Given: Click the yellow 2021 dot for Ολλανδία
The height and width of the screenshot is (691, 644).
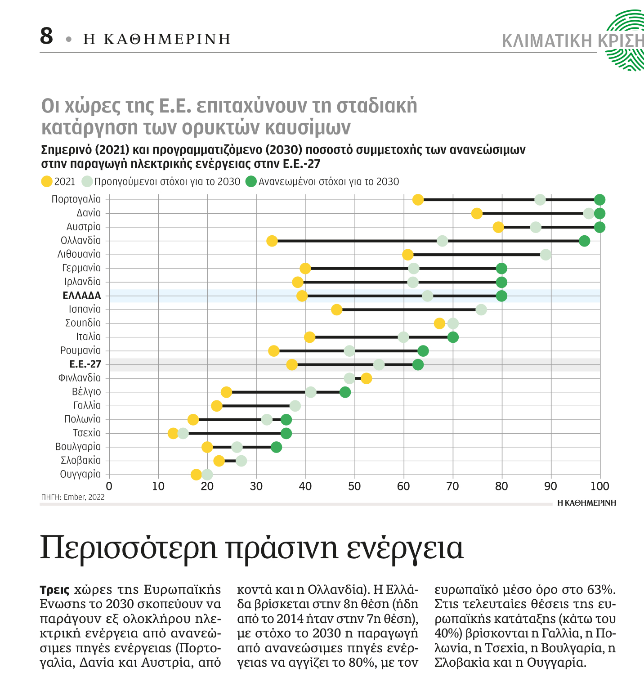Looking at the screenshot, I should [272, 241].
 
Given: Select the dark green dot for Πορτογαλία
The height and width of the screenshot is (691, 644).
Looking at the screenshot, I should [599, 200].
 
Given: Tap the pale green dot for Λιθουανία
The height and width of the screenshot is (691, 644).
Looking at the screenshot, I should [546, 255].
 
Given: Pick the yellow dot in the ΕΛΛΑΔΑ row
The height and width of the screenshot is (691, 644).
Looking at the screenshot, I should [302, 296].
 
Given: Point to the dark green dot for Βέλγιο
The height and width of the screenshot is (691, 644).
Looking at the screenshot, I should [345, 392].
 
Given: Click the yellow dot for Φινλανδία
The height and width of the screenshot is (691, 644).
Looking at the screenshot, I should [367, 378].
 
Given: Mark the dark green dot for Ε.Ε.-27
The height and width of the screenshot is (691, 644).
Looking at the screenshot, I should [418, 365].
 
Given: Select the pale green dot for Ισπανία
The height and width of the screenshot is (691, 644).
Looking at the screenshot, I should [481, 310].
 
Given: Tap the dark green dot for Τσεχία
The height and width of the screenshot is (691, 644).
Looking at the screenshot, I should [286, 434].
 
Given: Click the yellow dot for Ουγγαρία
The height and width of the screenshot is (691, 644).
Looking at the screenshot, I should [196, 475].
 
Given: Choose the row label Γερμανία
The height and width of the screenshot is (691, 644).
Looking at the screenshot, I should [81, 268].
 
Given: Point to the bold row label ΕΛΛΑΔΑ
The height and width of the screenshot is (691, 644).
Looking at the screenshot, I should [82, 296].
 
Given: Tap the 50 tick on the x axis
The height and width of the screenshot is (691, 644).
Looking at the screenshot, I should [354, 486].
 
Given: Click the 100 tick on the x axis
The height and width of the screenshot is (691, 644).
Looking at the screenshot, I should [599, 486].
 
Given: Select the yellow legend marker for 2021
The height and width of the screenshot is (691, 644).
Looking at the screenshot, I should [46, 182].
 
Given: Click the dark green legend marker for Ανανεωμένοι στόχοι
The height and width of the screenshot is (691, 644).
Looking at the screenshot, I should [251, 182].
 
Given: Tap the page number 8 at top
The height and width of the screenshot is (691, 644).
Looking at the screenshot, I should [46, 36].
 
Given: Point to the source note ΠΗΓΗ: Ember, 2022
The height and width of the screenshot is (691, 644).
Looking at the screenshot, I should [73, 497].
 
